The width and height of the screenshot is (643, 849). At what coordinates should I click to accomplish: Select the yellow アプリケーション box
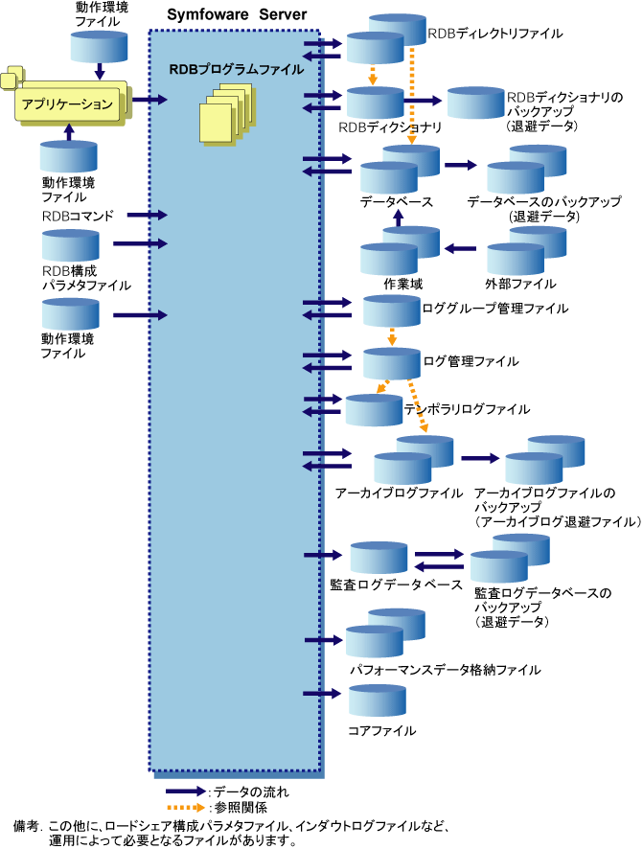pos(68,103)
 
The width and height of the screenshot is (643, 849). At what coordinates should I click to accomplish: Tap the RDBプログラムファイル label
pos(236,69)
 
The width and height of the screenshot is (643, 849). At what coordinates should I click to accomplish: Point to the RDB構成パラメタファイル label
pos(86,278)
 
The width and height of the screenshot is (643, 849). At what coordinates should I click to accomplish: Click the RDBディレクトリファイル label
pos(494,34)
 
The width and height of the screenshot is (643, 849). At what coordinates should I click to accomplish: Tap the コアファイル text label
pos(381,731)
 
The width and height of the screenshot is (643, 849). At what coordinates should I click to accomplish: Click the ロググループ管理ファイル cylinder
pos(392,310)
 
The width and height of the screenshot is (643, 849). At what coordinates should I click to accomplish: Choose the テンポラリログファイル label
pos(467,409)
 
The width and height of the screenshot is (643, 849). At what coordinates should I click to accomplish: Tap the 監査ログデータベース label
pos(396,584)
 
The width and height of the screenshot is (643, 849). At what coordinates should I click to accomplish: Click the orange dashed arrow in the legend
pos(186,808)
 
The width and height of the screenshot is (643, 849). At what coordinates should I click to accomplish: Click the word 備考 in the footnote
pos(27,825)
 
